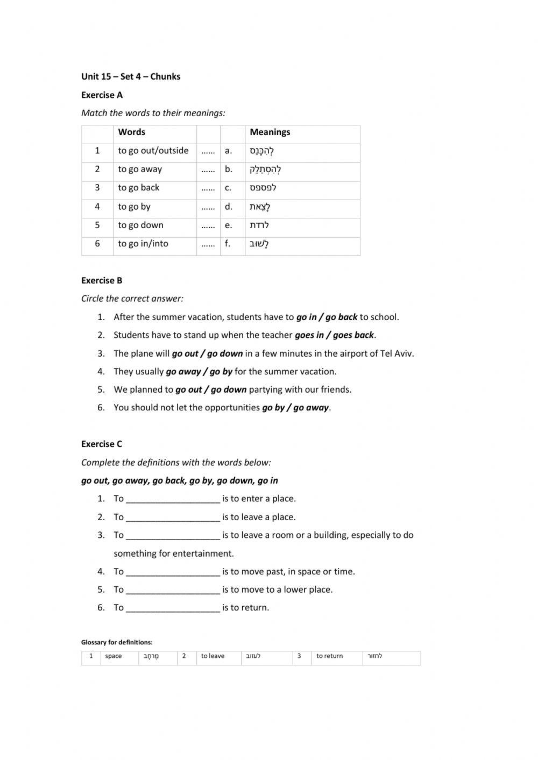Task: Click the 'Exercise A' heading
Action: tap(102, 95)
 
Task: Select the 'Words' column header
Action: tap(131, 132)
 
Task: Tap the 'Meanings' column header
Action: tap(270, 132)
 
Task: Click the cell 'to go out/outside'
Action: tap(153, 151)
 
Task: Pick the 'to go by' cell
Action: tap(134, 207)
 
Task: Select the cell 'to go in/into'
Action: tap(143, 244)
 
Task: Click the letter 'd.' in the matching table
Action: tap(229, 207)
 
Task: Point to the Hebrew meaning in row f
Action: tap(259, 244)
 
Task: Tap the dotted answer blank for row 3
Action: tap(208, 188)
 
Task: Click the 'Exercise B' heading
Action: tap(102, 281)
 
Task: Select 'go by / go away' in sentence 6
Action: tap(295, 408)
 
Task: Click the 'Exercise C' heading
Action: tap(102, 444)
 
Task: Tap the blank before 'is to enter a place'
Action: tap(173, 499)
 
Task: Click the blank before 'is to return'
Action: tap(173, 608)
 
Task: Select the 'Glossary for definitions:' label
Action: tap(117, 642)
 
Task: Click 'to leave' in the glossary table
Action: tap(213, 656)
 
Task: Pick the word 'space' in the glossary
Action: tap(114, 656)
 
